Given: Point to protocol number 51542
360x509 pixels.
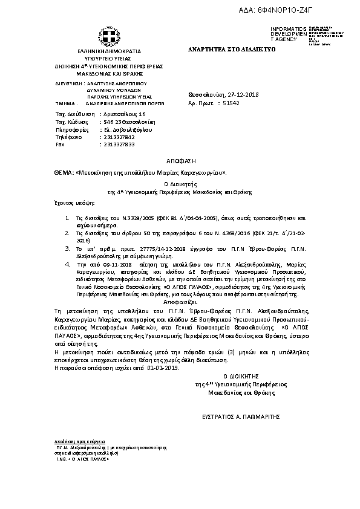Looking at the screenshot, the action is pyautogui.click(x=231, y=103).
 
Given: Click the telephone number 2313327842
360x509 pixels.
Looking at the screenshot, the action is pyautogui.click(x=120, y=137).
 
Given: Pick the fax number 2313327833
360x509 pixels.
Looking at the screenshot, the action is pyautogui.click(x=120, y=145).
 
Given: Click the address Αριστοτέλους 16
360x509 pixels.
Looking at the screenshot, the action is pyautogui.click(x=125, y=114).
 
